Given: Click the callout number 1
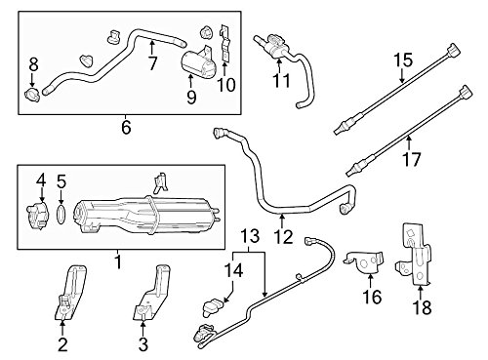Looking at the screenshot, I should tap(118, 261).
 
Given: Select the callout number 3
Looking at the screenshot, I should tap(143, 343).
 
